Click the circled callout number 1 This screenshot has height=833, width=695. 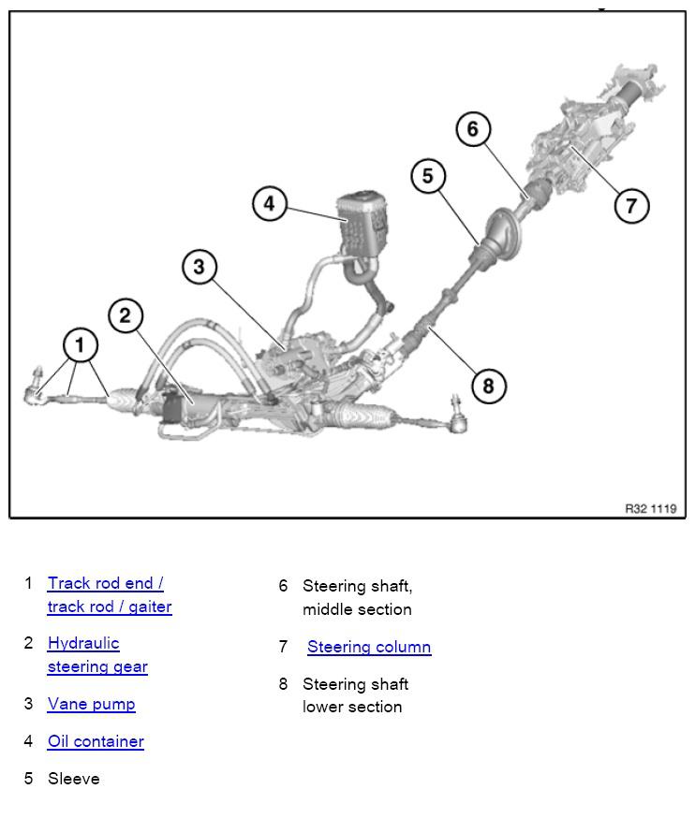tap(80, 345)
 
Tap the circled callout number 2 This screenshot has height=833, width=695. tap(126, 315)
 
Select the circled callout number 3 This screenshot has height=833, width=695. tap(199, 268)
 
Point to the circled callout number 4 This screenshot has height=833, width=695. tap(270, 204)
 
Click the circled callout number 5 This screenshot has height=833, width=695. tap(428, 176)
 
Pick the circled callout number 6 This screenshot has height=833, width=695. tap(473, 129)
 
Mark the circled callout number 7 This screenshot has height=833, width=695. tap(631, 205)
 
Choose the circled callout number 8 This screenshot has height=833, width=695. tap(488, 385)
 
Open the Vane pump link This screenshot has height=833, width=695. tap(91, 704)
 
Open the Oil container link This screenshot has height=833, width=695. tap(96, 741)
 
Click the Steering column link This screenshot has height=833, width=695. tap(369, 647)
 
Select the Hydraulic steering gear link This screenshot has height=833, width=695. tap(96, 655)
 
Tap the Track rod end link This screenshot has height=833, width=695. tap(105, 583)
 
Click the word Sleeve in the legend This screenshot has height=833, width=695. tap(73, 779)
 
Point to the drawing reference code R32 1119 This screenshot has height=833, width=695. tap(650, 509)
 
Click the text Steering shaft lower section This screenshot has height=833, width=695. tap(355, 695)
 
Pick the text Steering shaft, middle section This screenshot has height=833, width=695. tap(357, 597)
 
